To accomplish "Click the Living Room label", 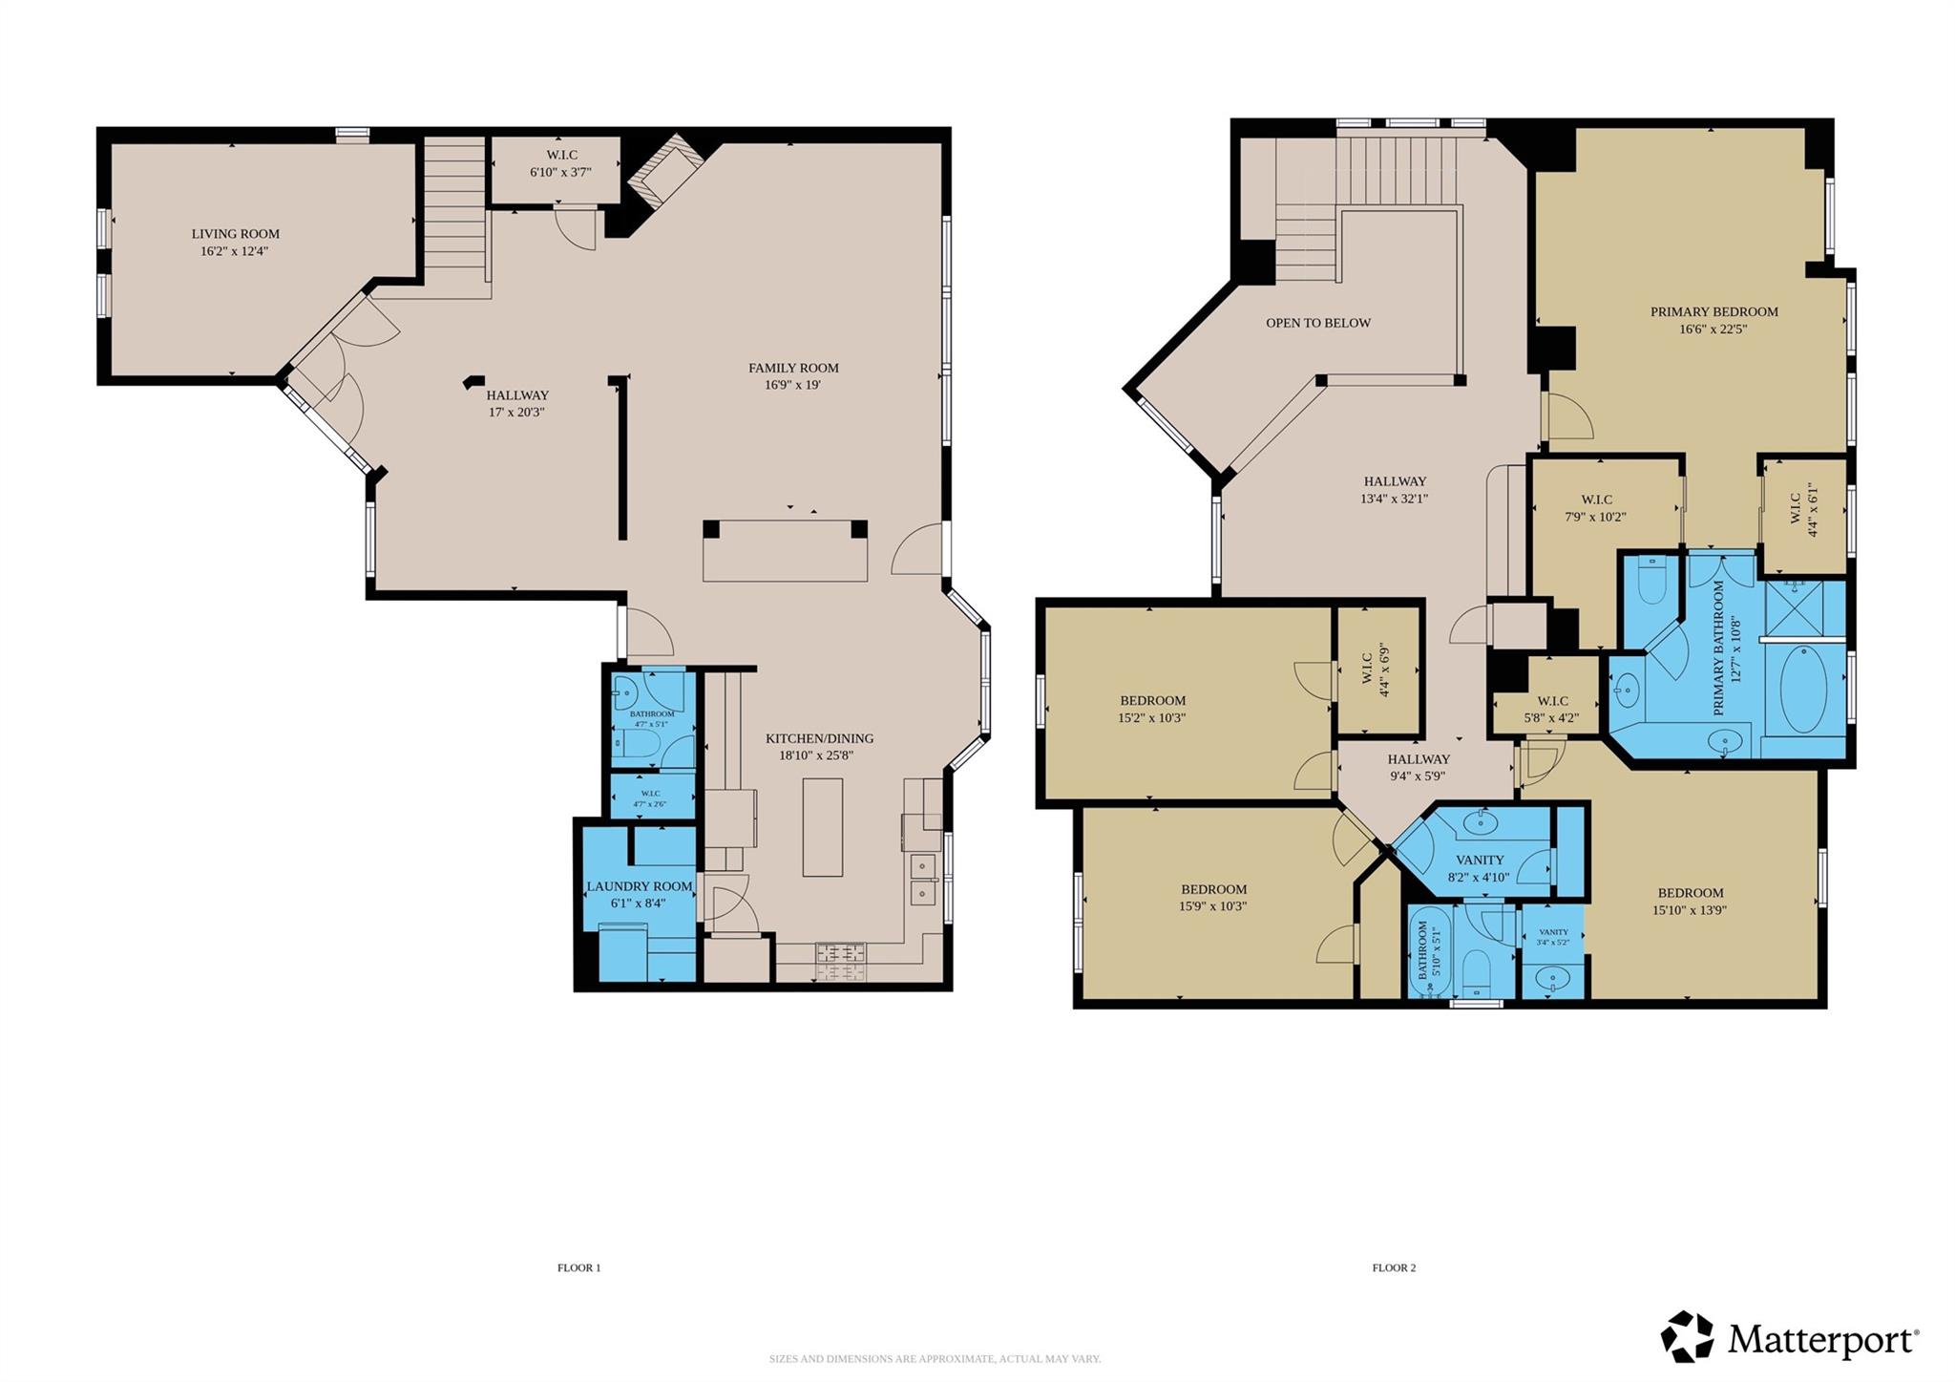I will click(235, 234).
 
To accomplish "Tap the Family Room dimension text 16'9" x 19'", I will click(792, 386).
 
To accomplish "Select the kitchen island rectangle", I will click(822, 827).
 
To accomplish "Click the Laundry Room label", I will click(639, 886).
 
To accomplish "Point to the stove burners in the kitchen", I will click(841, 960).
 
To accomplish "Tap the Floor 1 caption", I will click(578, 1268).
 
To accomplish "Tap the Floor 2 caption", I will click(1394, 1268).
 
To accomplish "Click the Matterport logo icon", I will click(1687, 1337).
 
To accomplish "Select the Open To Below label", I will click(1317, 323).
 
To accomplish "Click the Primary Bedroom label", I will click(1713, 311).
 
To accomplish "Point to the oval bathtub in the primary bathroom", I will click(1802, 689).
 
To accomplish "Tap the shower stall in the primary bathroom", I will click(1804, 607).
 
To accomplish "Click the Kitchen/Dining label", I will click(819, 738).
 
